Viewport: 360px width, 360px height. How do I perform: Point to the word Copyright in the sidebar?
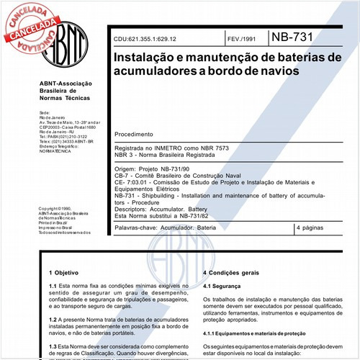pyautogui.click(x=51, y=208)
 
